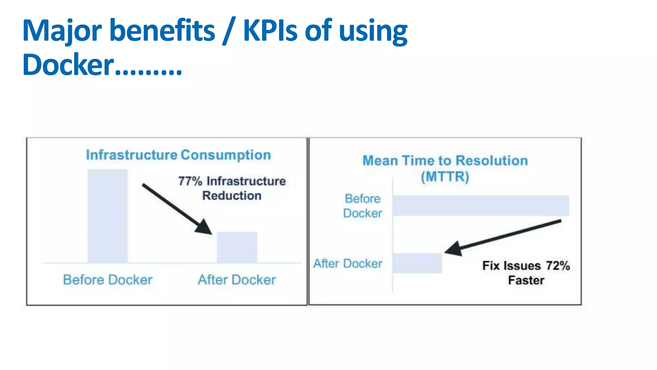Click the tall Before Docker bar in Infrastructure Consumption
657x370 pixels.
click(x=108, y=216)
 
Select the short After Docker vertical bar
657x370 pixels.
click(x=237, y=247)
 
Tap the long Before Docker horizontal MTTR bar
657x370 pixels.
click(x=481, y=206)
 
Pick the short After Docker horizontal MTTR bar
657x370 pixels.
click(x=417, y=263)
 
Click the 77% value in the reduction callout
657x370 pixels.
click(x=190, y=181)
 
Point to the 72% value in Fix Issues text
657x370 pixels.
click(x=558, y=266)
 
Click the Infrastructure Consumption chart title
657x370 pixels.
click(x=178, y=155)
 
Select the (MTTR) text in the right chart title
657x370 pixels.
click(x=445, y=177)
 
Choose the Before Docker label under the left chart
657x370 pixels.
click(x=107, y=280)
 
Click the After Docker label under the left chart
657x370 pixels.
click(x=237, y=280)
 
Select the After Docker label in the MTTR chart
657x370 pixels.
click(x=348, y=264)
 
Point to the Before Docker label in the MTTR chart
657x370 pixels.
click(x=363, y=206)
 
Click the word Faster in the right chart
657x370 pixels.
click(x=526, y=280)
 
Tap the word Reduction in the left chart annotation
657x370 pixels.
click(x=232, y=196)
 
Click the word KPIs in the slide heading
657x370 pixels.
click(x=270, y=31)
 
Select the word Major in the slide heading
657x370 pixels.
click(x=62, y=31)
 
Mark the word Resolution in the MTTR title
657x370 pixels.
click(x=491, y=161)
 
